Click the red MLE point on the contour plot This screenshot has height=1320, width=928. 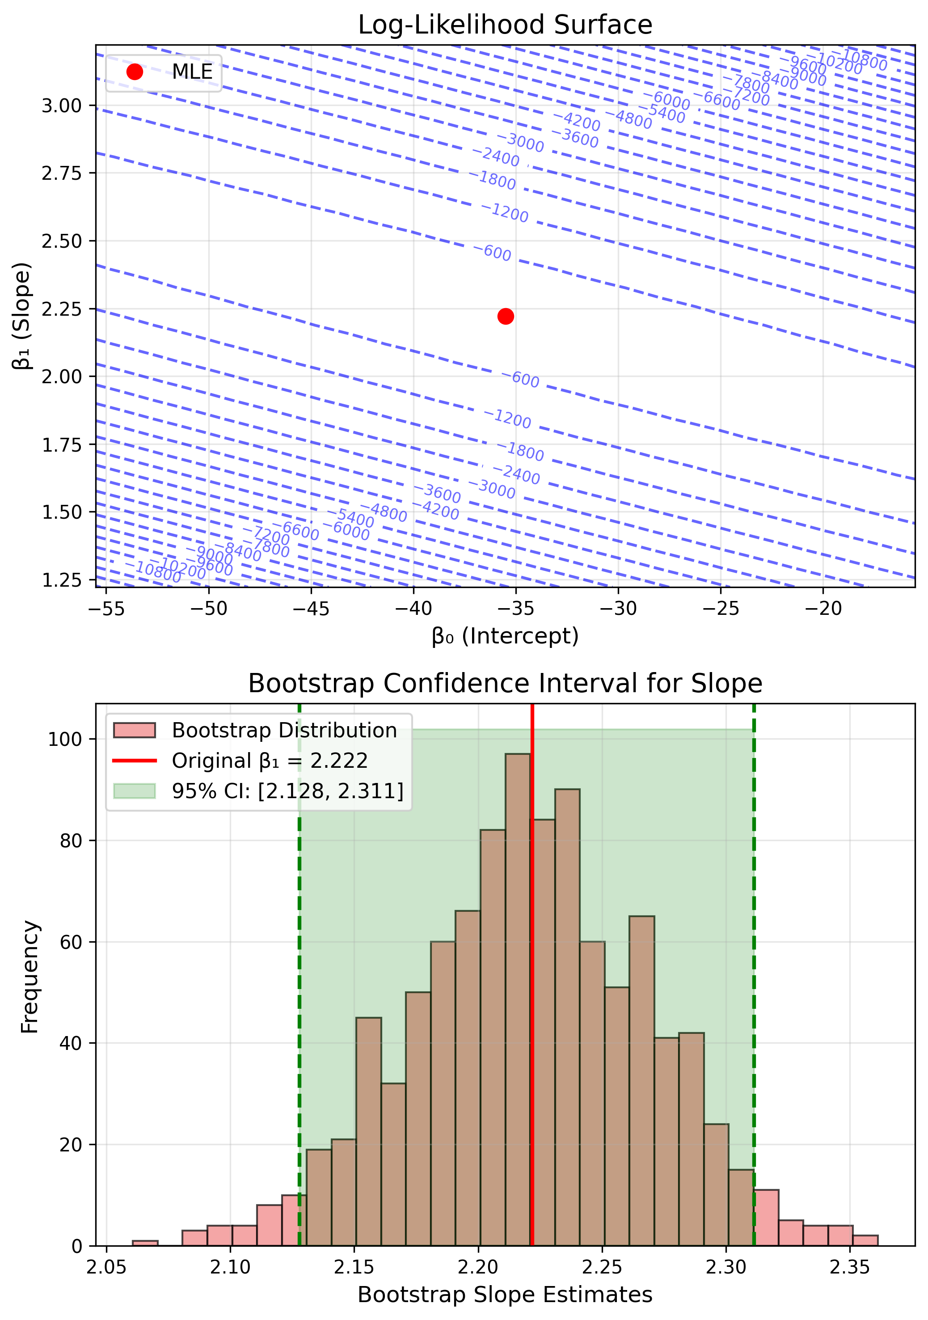[x=505, y=316]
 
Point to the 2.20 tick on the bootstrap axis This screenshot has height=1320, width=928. [x=478, y=1267]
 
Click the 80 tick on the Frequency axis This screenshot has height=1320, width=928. [x=71, y=841]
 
